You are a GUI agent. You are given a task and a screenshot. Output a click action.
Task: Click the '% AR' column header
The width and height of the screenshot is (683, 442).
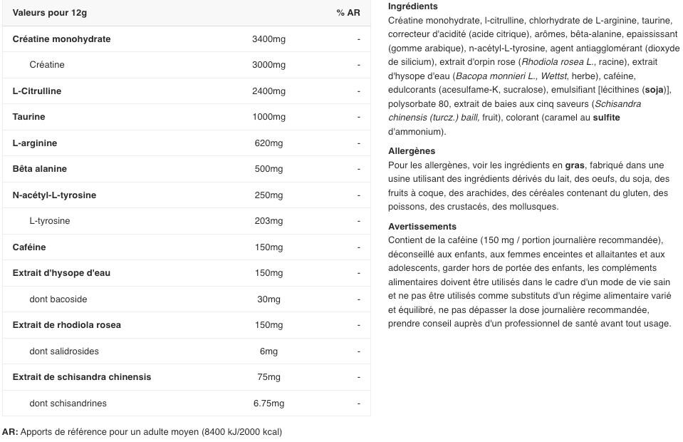(x=348, y=13)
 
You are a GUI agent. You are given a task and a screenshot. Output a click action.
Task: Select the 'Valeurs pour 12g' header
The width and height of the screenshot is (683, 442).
(x=50, y=13)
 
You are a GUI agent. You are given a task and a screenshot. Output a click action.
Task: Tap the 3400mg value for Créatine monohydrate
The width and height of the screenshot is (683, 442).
(x=268, y=39)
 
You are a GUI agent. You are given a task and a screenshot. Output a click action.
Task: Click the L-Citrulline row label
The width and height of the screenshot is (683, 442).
(x=37, y=91)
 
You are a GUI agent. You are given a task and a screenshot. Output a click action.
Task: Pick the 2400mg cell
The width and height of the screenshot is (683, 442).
(x=268, y=91)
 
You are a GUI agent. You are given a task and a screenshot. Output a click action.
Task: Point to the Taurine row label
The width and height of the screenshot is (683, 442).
(x=28, y=117)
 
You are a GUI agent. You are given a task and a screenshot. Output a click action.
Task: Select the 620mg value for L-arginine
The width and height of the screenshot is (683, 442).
(x=268, y=143)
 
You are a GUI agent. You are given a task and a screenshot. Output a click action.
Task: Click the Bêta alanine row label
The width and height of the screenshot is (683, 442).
(x=40, y=169)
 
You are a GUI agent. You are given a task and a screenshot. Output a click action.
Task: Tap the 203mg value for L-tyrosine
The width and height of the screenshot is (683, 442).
(x=268, y=221)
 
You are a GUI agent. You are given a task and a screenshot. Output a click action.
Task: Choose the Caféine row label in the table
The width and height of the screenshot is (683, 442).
(x=29, y=247)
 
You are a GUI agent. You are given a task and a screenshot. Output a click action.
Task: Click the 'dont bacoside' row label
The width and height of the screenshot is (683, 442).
(x=58, y=299)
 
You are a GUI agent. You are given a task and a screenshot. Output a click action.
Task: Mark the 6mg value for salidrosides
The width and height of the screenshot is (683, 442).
(x=268, y=351)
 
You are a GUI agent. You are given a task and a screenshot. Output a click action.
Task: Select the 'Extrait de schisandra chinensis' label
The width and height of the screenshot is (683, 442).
(x=82, y=377)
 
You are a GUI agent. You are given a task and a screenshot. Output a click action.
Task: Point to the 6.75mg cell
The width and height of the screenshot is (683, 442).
(x=268, y=404)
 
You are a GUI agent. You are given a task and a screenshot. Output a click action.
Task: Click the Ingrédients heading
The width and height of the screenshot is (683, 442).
(x=413, y=6)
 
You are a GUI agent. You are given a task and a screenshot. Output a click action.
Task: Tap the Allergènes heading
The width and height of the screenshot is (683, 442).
(x=412, y=151)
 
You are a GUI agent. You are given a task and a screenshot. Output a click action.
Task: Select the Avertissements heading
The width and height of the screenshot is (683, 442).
(x=422, y=227)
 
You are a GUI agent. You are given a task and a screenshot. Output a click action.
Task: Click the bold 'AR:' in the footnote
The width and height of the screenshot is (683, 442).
(x=10, y=432)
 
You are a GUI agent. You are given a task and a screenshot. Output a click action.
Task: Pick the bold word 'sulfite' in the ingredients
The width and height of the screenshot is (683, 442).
(x=606, y=118)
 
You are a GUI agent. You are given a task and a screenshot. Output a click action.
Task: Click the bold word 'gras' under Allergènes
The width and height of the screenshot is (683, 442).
(x=575, y=165)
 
